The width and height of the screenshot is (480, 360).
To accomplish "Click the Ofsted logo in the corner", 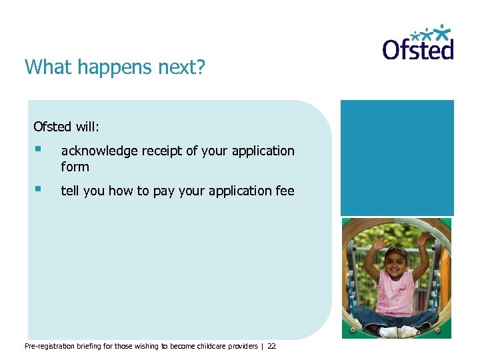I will click(x=418, y=43).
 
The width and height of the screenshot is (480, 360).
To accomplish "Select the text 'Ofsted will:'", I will click(x=66, y=126).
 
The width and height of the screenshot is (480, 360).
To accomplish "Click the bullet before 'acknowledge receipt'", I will click(x=39, y=149).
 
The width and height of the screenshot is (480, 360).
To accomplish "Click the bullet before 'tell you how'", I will click(x=39, y=189).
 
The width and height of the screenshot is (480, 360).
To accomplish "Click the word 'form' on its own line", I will click(x=75, y=167).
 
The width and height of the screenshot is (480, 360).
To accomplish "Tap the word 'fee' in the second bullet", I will click(x=284, y=191).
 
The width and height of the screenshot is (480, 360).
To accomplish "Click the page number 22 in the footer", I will click(x=271, y=346).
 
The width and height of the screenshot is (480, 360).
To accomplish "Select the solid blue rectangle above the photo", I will click(x=397, y=157).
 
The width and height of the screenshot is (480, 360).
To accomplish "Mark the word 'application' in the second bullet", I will click(x=240, y=191).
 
